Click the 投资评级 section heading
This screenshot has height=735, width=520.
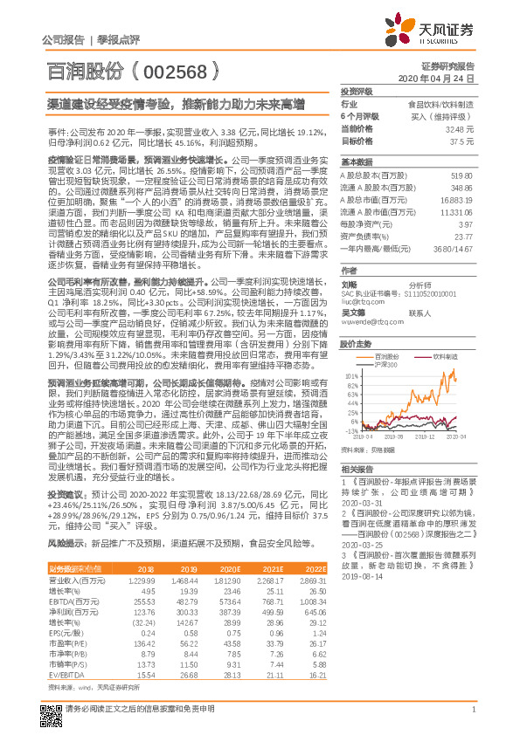357,91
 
